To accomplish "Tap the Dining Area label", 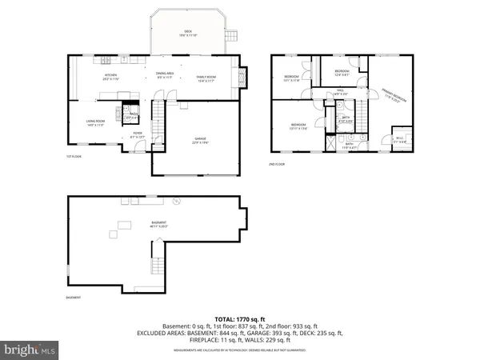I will click(x=166, y=75).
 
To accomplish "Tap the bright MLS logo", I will click(x=30, y=350).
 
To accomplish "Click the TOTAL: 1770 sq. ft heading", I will click(x=240, y=318).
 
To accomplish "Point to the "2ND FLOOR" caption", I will click(x=277, y=164).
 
